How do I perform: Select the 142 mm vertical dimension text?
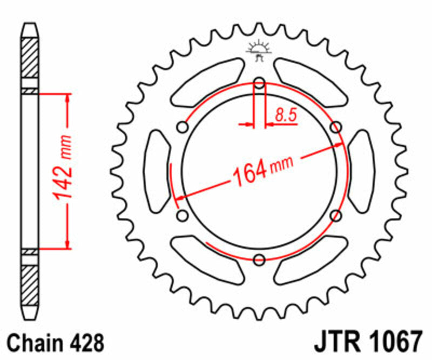tap(64, 171)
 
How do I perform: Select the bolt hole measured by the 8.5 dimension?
tap(259, 83)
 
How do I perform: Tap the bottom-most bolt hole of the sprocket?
tap(259, 259)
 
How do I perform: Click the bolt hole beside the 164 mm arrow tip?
tap(336, 128)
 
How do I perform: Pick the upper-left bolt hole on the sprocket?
tap(183, 128)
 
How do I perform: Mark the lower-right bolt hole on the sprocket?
tap(336, 216)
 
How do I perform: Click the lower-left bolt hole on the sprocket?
tap(183, 216)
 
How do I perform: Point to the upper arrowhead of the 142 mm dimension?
tap(67, 98)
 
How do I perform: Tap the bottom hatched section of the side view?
tap(30, 284)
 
